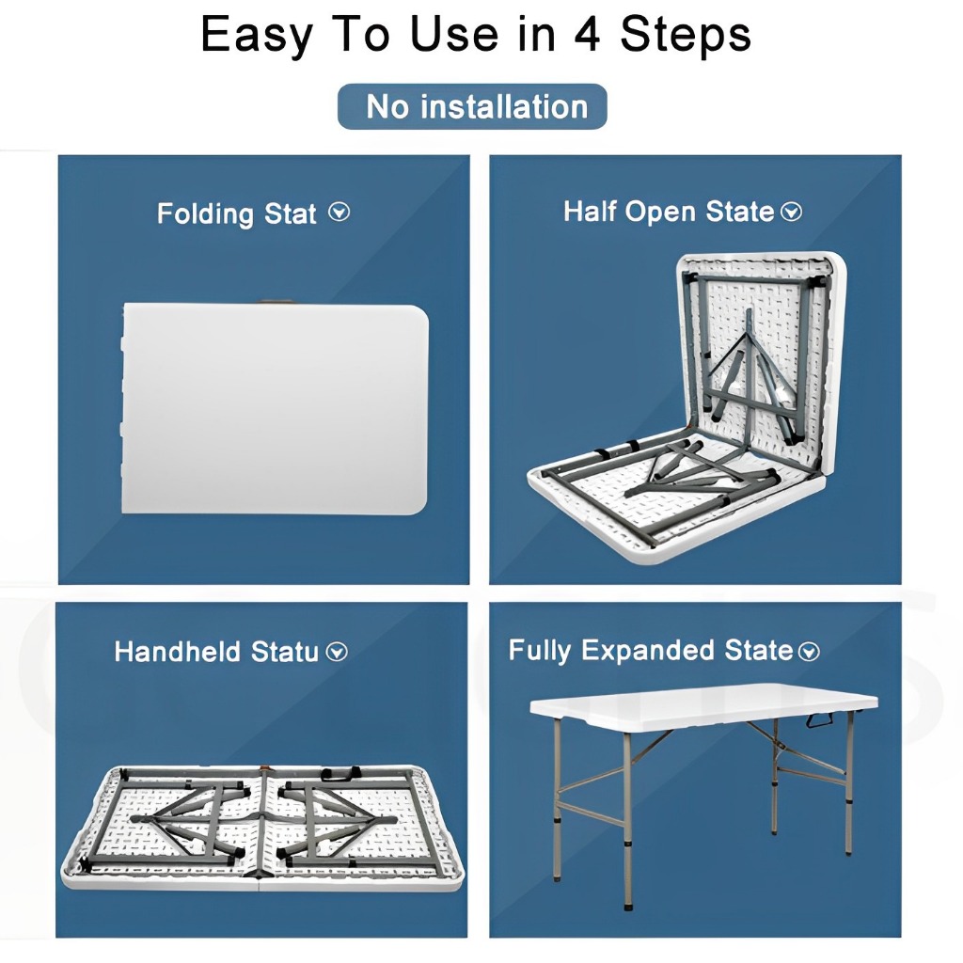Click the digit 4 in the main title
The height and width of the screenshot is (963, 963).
click(x=587, y=35)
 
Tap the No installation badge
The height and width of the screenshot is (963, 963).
click(x=472, y=106)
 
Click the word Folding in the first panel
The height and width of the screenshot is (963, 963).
click(x=205, y=214)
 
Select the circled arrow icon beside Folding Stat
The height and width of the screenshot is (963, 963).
click(x=339, y=213)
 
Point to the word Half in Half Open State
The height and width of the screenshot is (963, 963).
click(x=591, y=211)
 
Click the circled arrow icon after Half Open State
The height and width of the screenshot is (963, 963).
click(x=791, y=212)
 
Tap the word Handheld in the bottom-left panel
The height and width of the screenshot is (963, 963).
click(x=178, y=652)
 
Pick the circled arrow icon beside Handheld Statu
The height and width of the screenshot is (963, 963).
click(x=337, y=652)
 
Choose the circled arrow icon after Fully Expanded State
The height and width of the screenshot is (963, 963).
click(x=809, y=651)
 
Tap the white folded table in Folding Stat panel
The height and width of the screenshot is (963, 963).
click(x=275, y=408)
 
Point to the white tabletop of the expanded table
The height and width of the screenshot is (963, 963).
click(x=703, y=706)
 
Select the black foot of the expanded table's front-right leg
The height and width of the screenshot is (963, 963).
click(x=627, y=904)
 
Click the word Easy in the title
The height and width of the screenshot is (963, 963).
click(x=256, y=36)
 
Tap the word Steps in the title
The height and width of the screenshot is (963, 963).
click(x=686, y=36)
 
